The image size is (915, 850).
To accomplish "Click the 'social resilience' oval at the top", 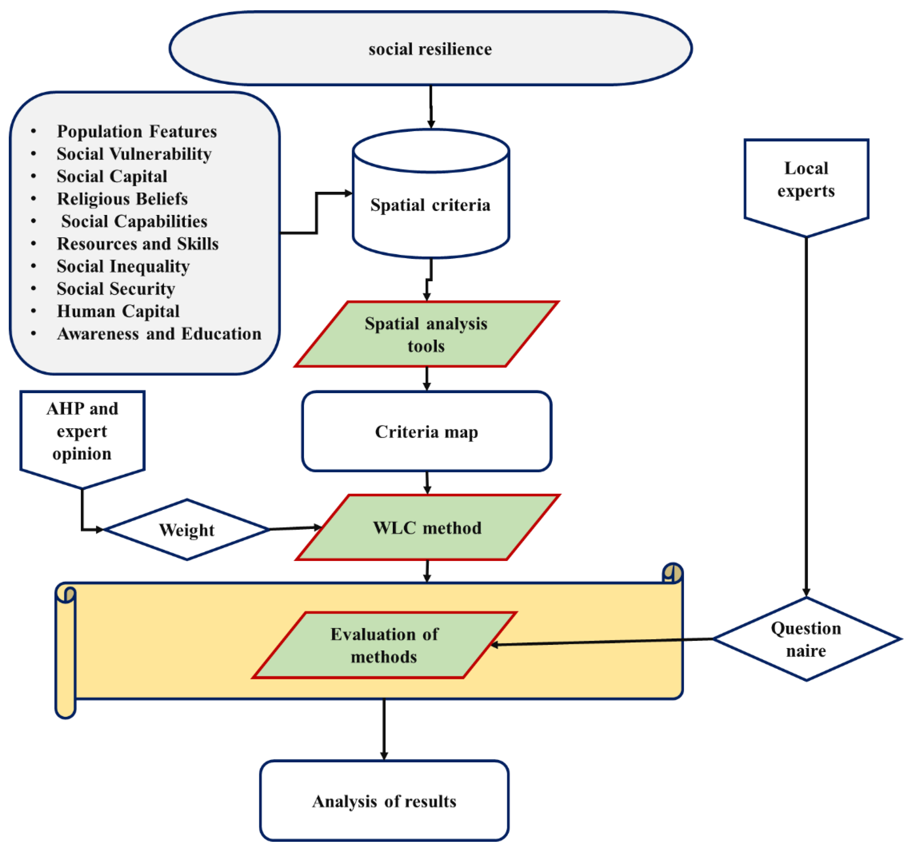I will (x=430, y=49).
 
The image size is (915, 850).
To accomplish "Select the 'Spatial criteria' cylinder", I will (x=430, y=205).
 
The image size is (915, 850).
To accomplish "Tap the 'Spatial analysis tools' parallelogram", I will (x=426, y=334).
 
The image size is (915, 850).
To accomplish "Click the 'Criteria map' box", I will (x=426, y=431).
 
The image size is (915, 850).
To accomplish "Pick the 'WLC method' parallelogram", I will (x=427, y=527).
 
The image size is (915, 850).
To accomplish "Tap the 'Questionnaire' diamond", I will (x=806, y=639).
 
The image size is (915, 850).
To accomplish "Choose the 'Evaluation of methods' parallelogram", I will (x=384, y=645).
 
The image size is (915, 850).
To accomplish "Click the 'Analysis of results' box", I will (x=384, y=801).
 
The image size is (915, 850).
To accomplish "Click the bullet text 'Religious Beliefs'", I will (x=122, y=199).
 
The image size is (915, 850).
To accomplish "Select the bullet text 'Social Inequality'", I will (x=123, y=266).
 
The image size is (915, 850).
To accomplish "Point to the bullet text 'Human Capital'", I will (x=118, y=311).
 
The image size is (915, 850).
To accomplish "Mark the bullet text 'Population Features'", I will (x=137, y=132).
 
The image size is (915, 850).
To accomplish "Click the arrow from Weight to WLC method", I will (x=294, y=528).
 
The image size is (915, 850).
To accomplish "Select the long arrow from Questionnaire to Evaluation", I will (x=603, y=642).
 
